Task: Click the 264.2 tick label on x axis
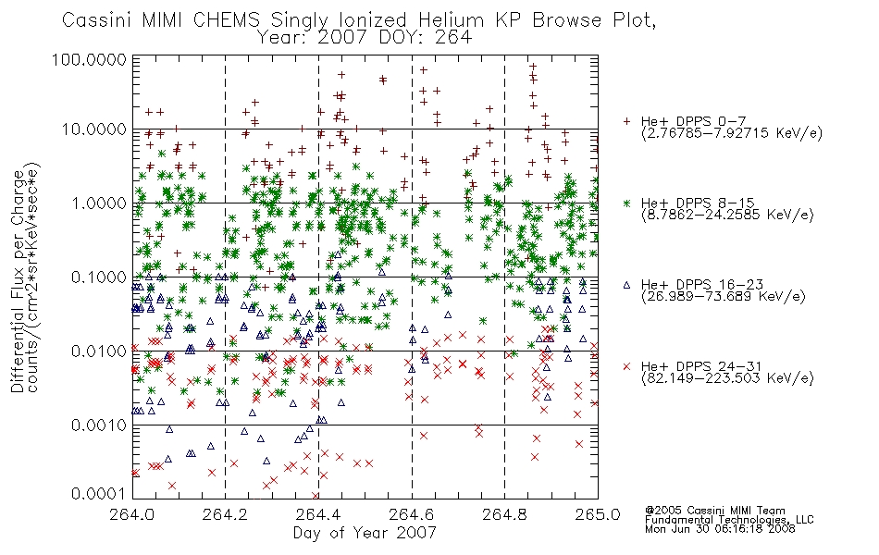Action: click(225, 514)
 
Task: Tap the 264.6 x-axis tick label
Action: click(412, 514)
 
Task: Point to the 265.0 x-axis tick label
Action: click(598, 514)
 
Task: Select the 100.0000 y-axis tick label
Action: click(89, 59)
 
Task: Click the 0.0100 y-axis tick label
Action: click(99, 351)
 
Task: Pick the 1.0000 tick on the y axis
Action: click(99, 203)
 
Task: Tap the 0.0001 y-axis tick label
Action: click(99, 494)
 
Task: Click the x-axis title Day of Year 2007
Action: click(365, 533)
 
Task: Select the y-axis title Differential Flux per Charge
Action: click(18, 281)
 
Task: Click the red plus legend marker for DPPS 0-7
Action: click(626, 121)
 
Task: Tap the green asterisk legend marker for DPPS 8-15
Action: click(626, 203)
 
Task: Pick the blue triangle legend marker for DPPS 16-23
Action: click(626, 285)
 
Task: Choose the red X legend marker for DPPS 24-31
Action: click(626, 366)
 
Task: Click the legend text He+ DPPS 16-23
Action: click(702, 285)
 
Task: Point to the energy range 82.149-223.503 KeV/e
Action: click(727, 378)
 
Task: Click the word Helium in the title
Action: click(452, 20)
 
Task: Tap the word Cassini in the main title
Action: click(97, 20)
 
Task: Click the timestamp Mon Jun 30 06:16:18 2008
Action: click(720, 529)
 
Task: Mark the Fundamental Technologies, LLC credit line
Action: click(729, 520)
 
